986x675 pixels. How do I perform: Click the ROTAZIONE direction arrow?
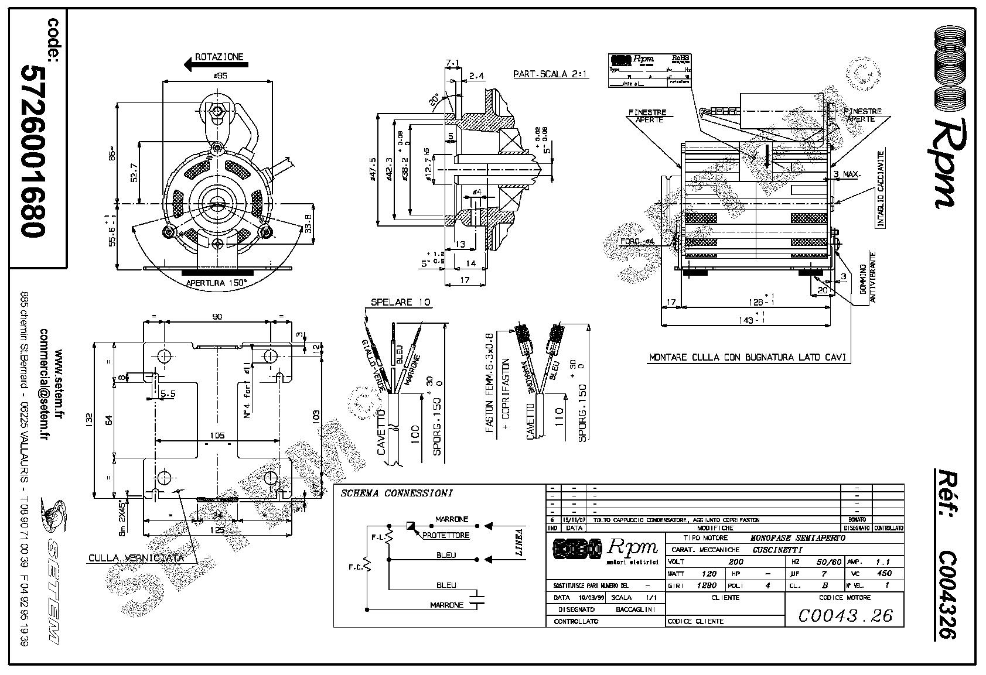[202, 65]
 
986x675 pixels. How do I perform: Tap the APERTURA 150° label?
[216, 283]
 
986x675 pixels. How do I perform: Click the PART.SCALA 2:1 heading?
[550, 74]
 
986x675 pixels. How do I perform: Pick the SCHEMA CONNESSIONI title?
[397, 493]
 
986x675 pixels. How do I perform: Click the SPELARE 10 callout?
[401, 302]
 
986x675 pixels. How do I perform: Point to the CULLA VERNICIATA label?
[136, 557]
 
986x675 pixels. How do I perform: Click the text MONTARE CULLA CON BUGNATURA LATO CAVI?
[749, 357]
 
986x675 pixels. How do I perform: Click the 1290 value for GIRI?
[708, 585]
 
